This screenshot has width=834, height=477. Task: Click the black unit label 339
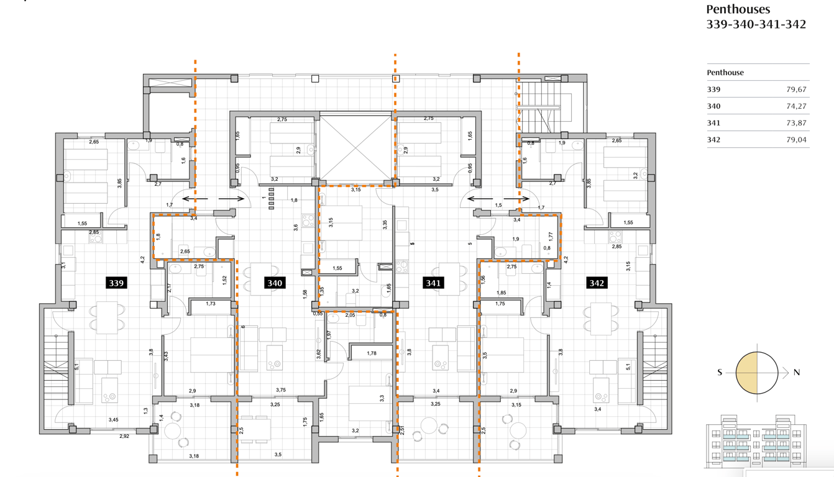pos(116,283)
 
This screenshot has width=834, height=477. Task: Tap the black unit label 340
pos(275,283)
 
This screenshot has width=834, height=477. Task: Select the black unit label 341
pos(433,283)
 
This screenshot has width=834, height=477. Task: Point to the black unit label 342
pos(597,283)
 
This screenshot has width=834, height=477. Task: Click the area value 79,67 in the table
pos(796,89)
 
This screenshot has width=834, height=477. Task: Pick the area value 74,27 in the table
pos(796,106)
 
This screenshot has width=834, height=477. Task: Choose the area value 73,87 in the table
pos(796,123)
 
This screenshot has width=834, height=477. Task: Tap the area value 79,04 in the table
pos(796,140)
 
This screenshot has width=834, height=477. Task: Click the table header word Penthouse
pos(725,72)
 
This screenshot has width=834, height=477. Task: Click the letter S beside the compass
pos(720,372)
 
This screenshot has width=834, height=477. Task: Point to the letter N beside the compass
pos(796,372)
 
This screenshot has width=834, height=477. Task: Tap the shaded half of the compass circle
pos(746,373)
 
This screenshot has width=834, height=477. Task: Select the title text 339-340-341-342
pos(756,24)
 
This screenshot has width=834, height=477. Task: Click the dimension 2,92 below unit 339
pos(124,436)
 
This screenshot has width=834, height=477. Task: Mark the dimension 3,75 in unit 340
pos(281,390)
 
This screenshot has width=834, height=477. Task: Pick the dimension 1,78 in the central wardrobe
pos(372,353)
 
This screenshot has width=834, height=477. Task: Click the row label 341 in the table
pos(713,123)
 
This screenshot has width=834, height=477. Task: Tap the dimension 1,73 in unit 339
pos(210,304)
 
